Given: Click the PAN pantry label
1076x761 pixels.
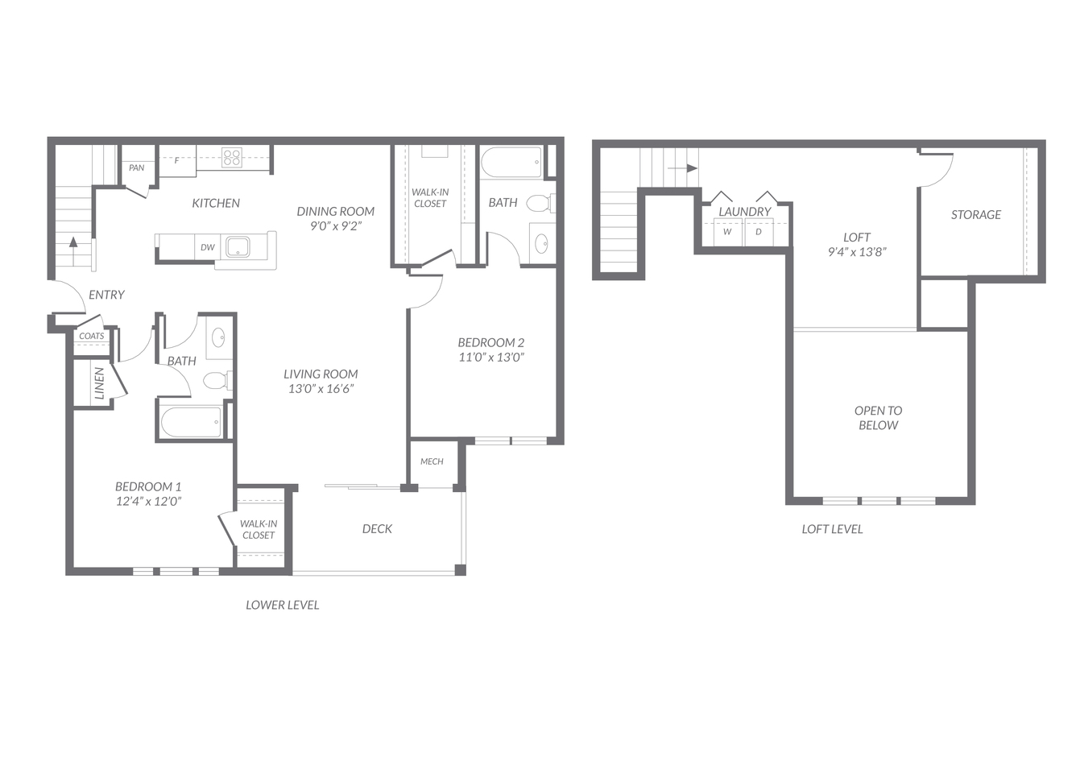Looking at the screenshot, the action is [136, 168].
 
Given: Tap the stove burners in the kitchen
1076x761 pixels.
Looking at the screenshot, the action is [231, 158].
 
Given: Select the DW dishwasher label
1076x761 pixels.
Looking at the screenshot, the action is [208, 247].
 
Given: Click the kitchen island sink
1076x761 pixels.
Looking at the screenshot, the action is [238, 247].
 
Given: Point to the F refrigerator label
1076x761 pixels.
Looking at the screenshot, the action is [176, 160].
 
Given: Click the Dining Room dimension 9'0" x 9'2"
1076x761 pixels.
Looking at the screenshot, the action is [335, 225].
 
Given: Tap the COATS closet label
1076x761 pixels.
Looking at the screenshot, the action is [91, 336].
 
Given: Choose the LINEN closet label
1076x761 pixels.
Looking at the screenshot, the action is [99, 383].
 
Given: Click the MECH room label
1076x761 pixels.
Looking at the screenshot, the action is [432, 461].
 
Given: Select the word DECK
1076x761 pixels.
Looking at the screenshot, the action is [377, 529].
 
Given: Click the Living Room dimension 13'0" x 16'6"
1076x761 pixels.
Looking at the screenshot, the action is [321, 389].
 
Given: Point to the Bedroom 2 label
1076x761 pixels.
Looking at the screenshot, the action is [491, 342].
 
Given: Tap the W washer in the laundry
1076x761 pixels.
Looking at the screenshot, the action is [727, 232].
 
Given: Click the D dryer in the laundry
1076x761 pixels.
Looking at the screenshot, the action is [759, 232].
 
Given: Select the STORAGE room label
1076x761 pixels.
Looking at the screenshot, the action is [975, 215].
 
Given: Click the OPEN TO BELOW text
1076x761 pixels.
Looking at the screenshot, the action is [878, 418].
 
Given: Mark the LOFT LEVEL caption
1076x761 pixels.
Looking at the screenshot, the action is [832, 529].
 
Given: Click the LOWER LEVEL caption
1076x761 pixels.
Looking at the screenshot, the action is [283, 606].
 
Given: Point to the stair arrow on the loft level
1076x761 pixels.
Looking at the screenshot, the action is [683, 168].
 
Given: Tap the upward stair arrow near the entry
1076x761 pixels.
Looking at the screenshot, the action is [73, 251].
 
